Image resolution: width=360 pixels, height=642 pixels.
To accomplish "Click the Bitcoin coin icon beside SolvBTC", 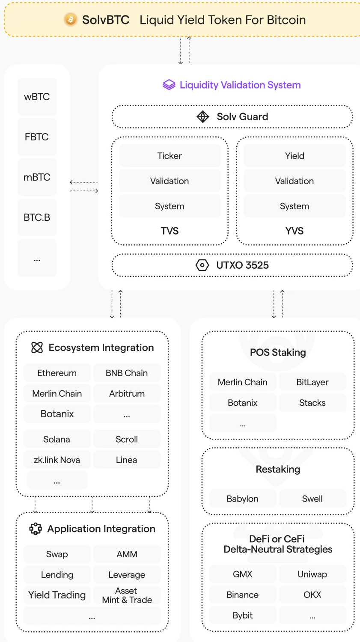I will (71, 20).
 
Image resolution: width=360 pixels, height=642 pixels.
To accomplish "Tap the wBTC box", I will (37, 97).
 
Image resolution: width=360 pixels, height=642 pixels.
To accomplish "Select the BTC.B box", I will (37, 217).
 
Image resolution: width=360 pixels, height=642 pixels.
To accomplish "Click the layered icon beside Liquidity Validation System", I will (169, 85).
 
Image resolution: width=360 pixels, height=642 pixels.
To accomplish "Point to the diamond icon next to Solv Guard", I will (202, 116).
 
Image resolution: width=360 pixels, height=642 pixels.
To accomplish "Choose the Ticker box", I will (170, 156).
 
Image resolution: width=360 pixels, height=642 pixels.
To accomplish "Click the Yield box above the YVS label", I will (295, 156).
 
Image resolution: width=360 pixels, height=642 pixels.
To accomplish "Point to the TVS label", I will (170, 231).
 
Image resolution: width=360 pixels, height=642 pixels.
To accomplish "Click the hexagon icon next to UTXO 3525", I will (202, 265).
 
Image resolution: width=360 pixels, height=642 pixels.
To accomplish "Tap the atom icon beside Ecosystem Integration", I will (37, 348).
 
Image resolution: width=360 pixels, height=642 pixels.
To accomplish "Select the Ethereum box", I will (57, 373).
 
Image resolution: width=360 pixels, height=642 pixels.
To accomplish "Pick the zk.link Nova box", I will (57, 460).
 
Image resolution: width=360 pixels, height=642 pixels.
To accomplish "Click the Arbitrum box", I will (127, 393).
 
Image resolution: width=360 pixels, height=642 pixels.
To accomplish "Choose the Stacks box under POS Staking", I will (312, 403).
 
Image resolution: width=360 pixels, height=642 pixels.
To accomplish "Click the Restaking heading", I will (278, 469).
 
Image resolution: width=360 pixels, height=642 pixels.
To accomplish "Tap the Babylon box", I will (242, 499).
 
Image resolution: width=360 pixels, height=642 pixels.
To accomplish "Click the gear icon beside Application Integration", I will (36, 529).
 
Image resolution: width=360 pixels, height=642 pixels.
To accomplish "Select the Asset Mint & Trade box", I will (127, 595).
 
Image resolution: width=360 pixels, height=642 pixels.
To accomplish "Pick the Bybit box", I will (242, 615).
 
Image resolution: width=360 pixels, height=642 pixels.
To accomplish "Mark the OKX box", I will (312, 594).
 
